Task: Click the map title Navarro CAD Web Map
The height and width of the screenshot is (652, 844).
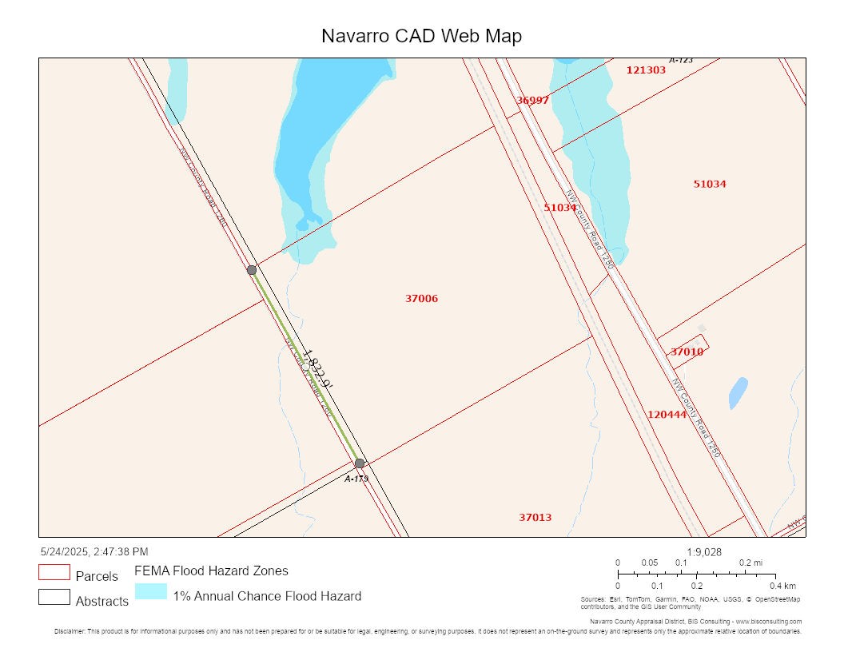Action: [422, 36]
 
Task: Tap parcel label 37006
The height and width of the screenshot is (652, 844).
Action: [421, 299]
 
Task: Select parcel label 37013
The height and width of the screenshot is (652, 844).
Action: [535, 518]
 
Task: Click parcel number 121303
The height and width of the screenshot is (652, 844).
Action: [646, 70]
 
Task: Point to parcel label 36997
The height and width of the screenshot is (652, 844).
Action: [532, 101]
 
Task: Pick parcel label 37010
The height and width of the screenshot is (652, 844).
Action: [687, 352]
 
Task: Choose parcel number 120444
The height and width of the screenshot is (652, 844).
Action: [667, 415]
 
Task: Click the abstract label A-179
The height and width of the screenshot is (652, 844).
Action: [356, 479]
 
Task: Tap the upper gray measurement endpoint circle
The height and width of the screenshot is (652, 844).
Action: [252, 270]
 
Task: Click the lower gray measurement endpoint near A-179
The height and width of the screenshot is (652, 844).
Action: [360, 463]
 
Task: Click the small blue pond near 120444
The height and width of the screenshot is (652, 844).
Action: [738, 392]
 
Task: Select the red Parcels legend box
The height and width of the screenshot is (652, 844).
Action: [54, 573]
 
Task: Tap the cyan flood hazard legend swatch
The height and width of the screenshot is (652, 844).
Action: [150, 592]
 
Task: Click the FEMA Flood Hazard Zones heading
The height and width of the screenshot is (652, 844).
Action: [211, 571]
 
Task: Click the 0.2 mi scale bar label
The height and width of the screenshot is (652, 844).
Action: [750, 563]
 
